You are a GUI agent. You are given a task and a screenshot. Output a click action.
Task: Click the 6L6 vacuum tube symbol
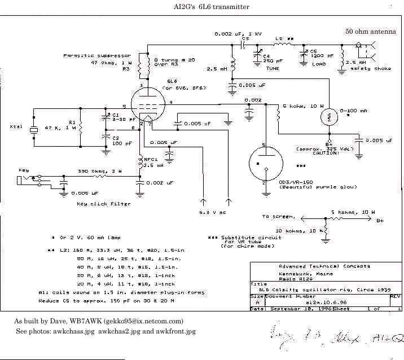coord(150,104)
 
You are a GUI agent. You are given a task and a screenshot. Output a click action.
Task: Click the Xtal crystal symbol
coord(33,129)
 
